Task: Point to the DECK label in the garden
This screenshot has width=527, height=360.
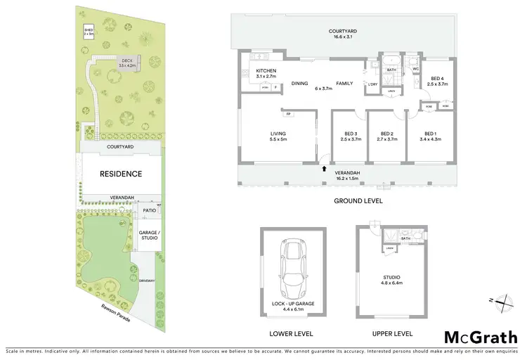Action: click(x=126, y=60)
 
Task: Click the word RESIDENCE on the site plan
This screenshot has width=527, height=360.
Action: click(x=120, y=174)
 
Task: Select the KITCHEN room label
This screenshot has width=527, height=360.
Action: click(x=266, y=72)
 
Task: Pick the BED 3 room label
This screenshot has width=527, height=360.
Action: click(x=351, y=134)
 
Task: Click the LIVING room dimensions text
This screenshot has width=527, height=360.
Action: click(x=278, y=139)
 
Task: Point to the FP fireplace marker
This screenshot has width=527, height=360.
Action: click(x=288, y=112)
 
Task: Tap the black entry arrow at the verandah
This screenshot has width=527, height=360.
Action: click(x=324, y=168)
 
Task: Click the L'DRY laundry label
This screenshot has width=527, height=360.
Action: click(x=372, y=85)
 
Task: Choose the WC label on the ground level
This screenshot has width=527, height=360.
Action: click(x=416, y=69)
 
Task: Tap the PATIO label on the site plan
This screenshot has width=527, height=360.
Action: click(x=148, y=210)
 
